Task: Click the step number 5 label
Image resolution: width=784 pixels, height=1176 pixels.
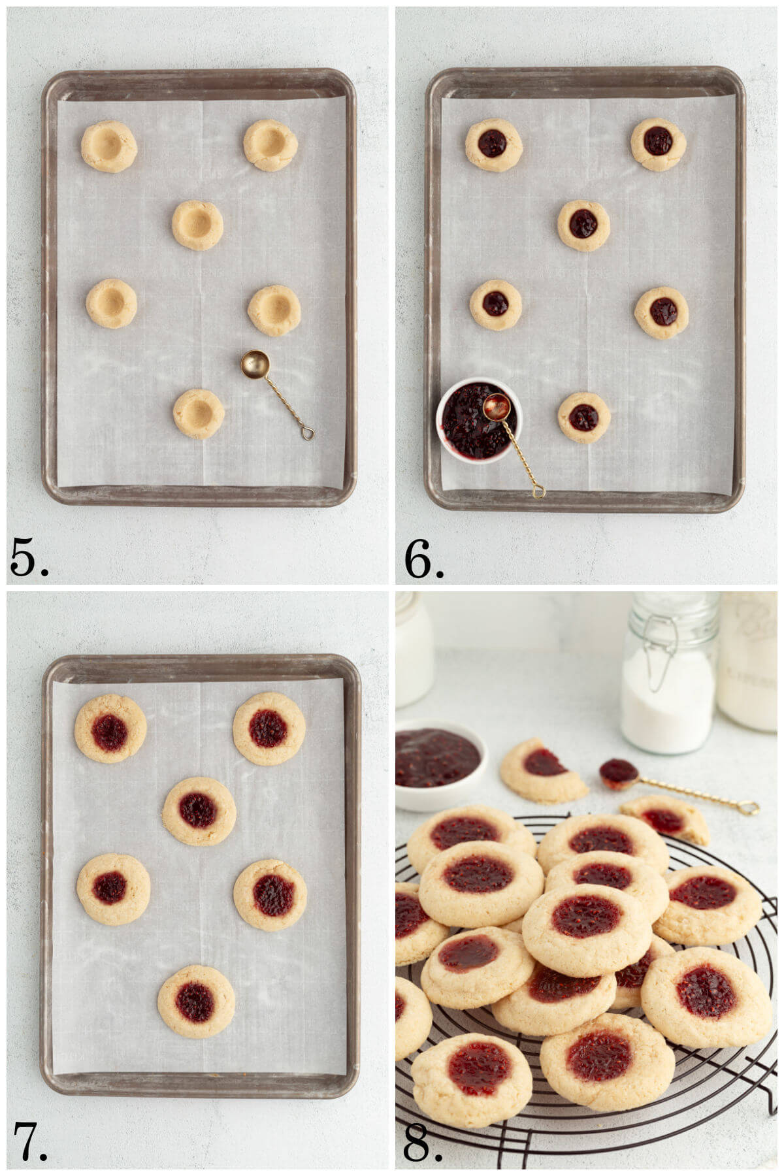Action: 29,559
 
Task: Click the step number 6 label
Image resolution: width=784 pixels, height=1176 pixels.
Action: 423,559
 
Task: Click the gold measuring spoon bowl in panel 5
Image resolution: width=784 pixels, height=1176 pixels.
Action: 254,364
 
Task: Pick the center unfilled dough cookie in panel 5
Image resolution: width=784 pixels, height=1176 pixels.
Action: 197,225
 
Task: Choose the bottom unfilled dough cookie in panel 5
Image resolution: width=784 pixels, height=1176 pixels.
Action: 199,414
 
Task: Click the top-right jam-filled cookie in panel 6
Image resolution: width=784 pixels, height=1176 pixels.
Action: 658,143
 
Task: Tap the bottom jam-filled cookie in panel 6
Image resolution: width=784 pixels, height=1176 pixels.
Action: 583,417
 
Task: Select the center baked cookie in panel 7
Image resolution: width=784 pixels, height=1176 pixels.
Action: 199,811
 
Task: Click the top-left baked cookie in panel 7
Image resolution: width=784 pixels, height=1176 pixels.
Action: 110,728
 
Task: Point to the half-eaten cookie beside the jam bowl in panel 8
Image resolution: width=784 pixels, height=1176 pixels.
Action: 542,771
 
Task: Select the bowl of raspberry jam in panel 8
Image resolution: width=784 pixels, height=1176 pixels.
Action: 439,761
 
